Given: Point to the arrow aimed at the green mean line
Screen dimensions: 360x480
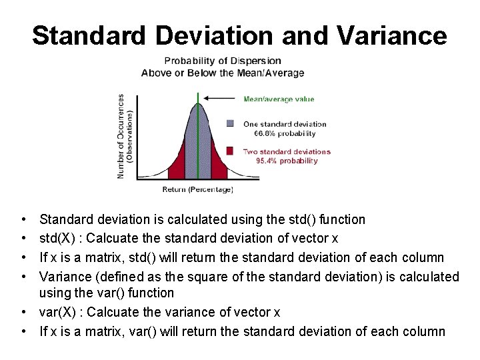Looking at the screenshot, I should click(x=220, y=100).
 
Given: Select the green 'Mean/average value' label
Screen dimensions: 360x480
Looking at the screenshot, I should click(x=279, y=99).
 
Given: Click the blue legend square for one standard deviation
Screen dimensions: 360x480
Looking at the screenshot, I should click(x=230, y=123).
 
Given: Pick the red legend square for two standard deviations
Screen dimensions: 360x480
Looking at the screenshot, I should click(x=230, y=151).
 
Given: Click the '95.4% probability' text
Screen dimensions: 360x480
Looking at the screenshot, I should click(x=287, y=161).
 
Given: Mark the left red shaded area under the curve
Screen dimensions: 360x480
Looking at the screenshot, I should click(x=176, y=167).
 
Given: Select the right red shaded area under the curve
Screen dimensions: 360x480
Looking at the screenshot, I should click(x=221, y=167).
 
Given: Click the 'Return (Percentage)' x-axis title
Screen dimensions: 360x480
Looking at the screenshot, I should click(x=197, y=190).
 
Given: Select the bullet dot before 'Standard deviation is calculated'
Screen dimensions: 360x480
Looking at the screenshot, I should click(x=23, y=219).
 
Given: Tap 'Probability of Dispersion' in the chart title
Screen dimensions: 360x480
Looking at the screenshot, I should click(x=223, y=61).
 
